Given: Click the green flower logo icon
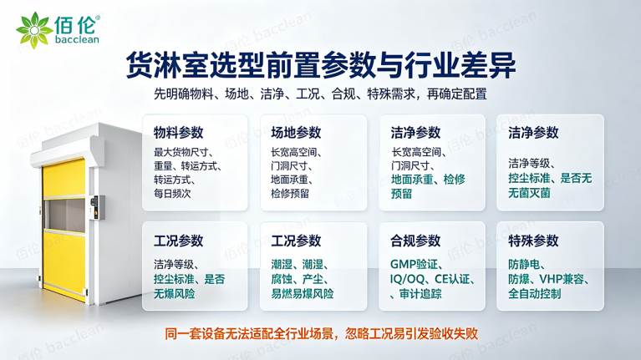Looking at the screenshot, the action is (34, 30).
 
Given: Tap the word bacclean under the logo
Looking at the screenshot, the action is (77, 39).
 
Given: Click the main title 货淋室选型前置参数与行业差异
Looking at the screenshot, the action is (321, 65).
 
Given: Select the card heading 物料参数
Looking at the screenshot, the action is (178, 133).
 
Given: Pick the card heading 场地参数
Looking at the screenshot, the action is (296, 133).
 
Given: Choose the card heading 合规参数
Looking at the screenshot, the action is (415, 241).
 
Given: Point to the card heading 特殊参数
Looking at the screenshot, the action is (533, 241).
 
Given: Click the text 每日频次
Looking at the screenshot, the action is (172, 193).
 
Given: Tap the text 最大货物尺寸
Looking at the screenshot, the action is (181, 152).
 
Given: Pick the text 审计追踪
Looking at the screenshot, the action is (420, 294).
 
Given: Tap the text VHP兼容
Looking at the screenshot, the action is (562, 279).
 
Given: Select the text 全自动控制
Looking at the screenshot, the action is (534, 294).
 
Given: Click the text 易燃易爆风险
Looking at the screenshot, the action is (302, 294).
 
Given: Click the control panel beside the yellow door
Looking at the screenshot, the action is (97, 206).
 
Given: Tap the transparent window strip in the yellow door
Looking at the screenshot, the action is (64, 215).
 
